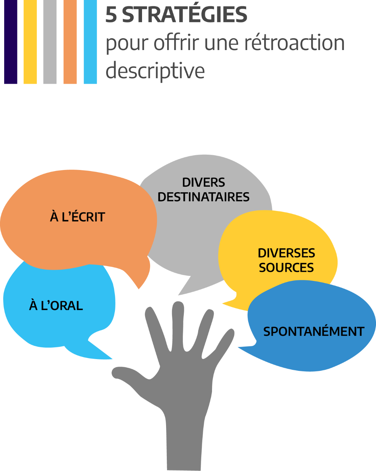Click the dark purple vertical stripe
click(x=11, y=42)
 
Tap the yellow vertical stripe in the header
click(x=30, y=42)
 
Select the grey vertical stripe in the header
click(x=50, y=42)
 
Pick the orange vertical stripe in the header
click(x=70, y=42)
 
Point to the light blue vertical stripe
click(x=90, y=42)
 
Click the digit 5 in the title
click(x=111, y=15)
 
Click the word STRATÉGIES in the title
click(x=185, y=15)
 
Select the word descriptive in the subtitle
click(x=155, y=71)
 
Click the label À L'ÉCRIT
click(x=77, y=217)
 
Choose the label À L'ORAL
click(x=56, y=306)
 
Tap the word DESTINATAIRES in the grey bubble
click(x=204, y=197)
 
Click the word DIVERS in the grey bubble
click(x=204, y=182)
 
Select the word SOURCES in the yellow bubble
click(x=286, y=268)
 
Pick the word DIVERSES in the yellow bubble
click(x=286, y=253)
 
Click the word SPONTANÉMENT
click(x=313, y=332)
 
